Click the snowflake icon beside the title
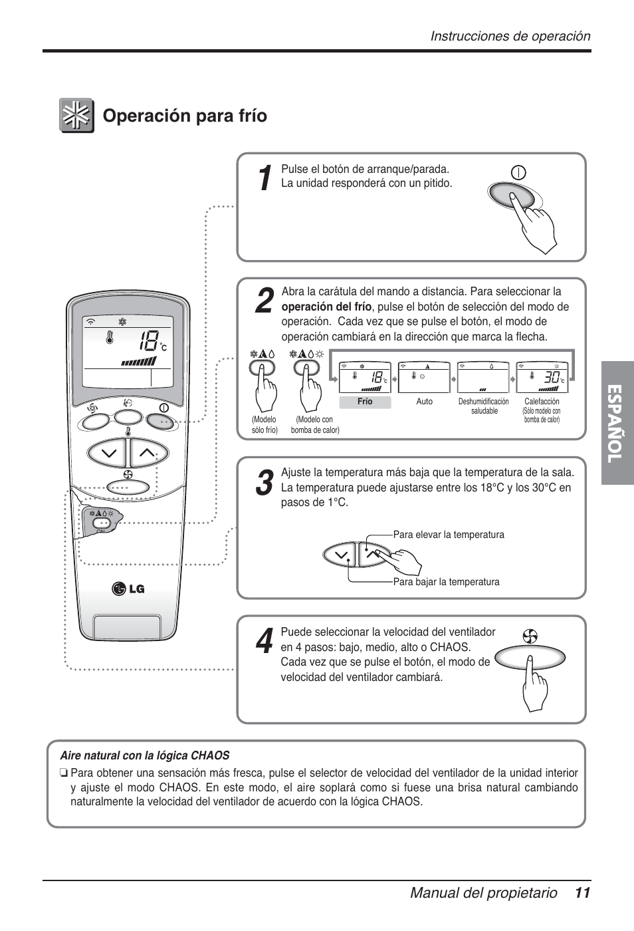pos(76,116)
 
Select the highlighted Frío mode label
pos(365,402)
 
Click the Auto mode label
pos(424,402)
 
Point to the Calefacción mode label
pos(542,402)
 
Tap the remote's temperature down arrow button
pos(108,454)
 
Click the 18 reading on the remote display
pos(149,343)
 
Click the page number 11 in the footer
pos(582,893)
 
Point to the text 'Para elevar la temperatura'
pos(449,535)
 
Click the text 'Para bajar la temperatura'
pos(446,582)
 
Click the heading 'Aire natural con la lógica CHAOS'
pos(145,755)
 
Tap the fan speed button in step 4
pos(530,657)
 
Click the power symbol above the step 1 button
pos(518,172)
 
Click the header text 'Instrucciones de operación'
pos(510,37)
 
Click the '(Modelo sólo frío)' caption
pos(264,425)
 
